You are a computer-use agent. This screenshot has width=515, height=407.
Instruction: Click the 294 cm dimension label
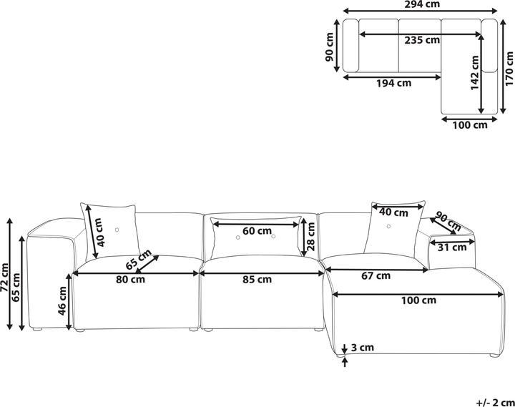pos(422,4)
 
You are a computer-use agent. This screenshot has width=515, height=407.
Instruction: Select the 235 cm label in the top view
pos(422,40)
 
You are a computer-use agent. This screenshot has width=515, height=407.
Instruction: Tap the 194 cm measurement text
pos(393,83)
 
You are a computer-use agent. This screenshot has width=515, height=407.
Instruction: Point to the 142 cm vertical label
pos(474,72)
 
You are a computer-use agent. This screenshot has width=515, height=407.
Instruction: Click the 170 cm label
pos(509,69)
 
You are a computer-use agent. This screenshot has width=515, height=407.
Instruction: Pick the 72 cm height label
pos(5,278)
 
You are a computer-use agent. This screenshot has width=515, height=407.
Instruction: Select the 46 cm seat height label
pos(62,301)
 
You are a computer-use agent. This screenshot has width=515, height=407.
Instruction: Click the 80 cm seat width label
pos(130,280)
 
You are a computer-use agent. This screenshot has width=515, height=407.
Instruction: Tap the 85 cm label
pos(257,280)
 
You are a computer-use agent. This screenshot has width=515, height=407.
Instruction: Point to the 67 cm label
pos(376,276)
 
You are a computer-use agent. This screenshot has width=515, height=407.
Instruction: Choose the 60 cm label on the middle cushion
pos(257,231)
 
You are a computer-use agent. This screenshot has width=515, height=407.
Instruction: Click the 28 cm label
pos(310,237)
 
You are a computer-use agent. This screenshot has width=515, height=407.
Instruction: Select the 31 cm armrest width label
pos(452,247)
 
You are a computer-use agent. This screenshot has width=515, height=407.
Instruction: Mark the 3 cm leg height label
pos(363,347)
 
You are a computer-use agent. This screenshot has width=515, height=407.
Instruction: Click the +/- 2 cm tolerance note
pos(495,402)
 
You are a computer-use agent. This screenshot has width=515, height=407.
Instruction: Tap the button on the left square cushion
pos(117,230)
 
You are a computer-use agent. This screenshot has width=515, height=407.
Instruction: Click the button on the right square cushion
pos(388,226)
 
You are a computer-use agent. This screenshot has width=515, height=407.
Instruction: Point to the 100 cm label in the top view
pos(470,125)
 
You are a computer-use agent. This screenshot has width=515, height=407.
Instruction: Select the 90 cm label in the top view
pos(330,47)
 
